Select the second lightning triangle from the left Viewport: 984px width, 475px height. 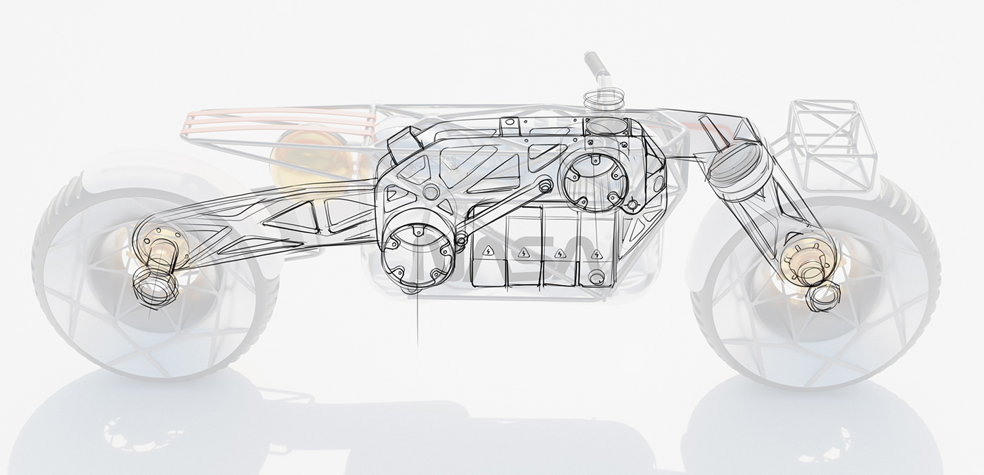(x=523, y=252)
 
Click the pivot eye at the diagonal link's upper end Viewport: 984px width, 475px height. (x=429, y=193)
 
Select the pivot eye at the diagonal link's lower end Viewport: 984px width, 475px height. (x=461, y=242)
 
